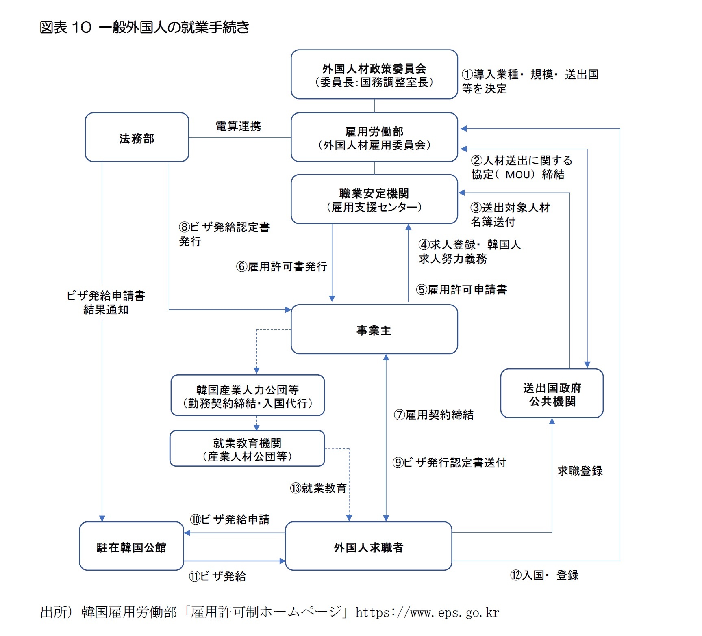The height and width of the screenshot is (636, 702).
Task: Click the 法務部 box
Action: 137,138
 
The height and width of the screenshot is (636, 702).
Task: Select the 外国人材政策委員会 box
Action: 374,75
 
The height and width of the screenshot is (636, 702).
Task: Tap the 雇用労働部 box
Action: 374,138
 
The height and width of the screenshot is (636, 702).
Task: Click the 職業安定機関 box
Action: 374,199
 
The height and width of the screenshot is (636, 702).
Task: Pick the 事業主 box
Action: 374,330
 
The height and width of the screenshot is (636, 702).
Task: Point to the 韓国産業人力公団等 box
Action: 248,396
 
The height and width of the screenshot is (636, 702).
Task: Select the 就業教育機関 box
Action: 247,449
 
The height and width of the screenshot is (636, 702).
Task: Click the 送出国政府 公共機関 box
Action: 552,394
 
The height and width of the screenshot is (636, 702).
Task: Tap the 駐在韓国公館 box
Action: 131,547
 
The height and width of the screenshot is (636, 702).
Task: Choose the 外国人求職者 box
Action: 368,547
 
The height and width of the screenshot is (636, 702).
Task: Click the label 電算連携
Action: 238,126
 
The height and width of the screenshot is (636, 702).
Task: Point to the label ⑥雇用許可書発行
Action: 282,266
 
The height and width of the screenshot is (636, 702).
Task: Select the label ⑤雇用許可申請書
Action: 461,290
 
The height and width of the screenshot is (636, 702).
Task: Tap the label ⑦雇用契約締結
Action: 433,415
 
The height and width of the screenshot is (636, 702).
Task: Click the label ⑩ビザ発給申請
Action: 230,519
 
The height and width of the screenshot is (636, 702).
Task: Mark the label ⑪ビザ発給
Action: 217,576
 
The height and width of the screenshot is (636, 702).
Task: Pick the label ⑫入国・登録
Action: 544,575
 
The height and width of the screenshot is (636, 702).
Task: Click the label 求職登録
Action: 580,471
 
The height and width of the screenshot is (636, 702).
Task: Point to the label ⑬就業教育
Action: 318,488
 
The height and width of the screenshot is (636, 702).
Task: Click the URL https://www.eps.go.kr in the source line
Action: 427,612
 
